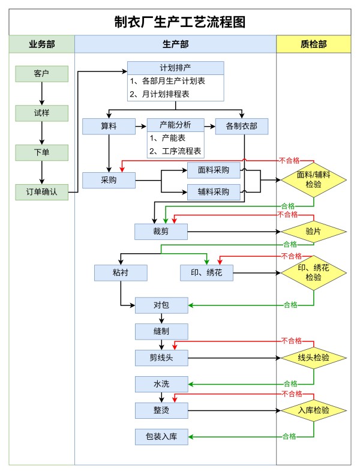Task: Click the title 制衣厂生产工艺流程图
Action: pos(180,22)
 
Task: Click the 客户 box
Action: pos(41,74)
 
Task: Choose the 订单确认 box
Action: pos(41,193)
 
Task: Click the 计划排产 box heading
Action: pos(175,67)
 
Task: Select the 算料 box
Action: pos(109,126)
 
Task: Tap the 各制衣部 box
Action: pos(242,126)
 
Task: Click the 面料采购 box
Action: pos(214,170)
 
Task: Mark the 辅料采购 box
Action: pos(214,192)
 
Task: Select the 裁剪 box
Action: pos(161,231)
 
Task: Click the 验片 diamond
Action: pos(313,231)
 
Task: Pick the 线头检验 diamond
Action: pos(313,358)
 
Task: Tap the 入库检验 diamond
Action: pos(313,410)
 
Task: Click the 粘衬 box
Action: pos(121,273)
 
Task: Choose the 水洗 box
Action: pos(161,383)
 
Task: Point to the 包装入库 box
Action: pos(161,436)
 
